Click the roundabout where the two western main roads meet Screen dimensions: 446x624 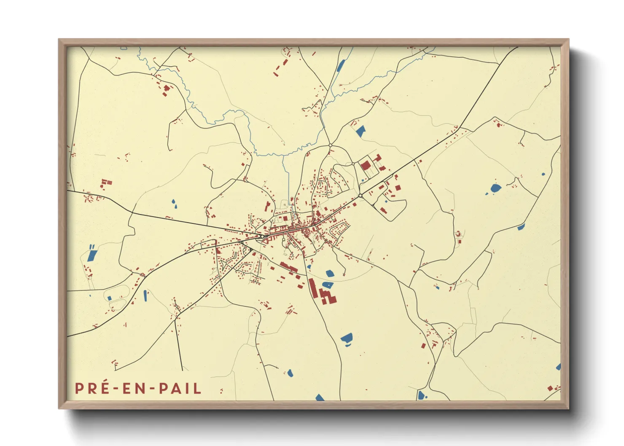click(x=262, y=236)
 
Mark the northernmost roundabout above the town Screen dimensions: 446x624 click(x=330, y=145)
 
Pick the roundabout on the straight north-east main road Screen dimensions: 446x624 click(x=360, y=196)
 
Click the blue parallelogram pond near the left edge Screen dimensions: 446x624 click(x=92, y=254)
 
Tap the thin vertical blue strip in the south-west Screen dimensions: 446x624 click(x=145, y=296)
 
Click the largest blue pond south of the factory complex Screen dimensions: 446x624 click(x=347, y=338)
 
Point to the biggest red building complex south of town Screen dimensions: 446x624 click(x=327, y=296)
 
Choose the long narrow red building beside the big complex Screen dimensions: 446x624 click(x=312, y=288)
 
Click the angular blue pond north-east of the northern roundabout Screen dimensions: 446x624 click(x=360, y=131)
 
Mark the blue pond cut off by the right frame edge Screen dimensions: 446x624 click(x=558, y=367)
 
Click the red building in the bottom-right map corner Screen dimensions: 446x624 click(x=550, y=388)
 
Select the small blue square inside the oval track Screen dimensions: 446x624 click(x=110, y=298)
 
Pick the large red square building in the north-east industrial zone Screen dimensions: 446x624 click(x=365, y=165)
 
